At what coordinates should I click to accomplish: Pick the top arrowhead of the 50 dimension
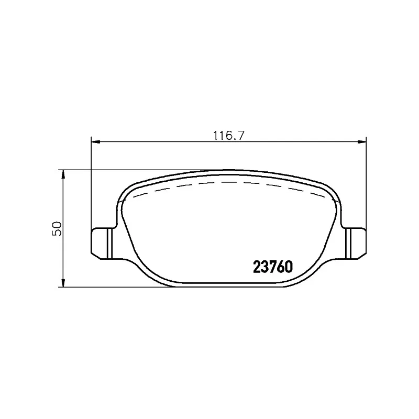point(63,173)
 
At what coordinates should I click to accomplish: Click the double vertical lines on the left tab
point(108,242)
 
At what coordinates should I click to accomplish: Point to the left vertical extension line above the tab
point(92,183)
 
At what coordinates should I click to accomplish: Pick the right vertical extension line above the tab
point(366,183)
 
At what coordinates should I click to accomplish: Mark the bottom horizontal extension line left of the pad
point(105,287)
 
